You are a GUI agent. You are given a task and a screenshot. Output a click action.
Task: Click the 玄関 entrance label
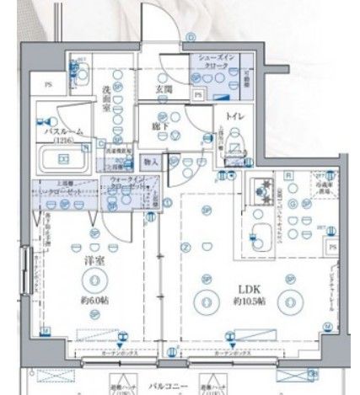click(x=163, y=88)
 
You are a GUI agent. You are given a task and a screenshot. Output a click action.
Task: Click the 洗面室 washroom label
click(x=108, y=98)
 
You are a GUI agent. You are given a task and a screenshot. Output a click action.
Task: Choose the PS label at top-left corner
click(x=48, y=85)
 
